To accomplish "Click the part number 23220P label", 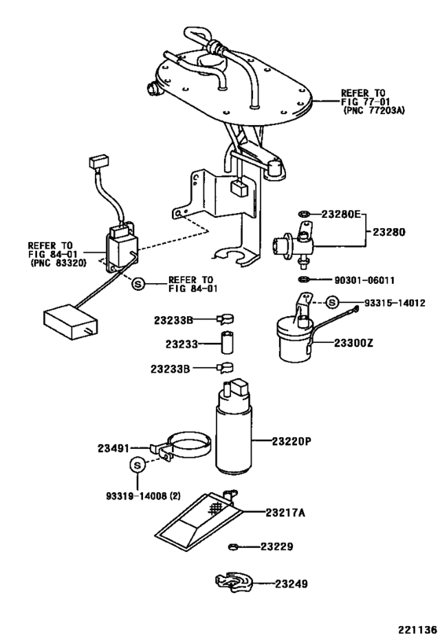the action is [291, 441].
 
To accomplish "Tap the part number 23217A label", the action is [285, 513].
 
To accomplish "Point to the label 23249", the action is [291, 583].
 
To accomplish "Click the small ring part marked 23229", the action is [233, 546].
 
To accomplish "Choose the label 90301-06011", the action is [365, 281].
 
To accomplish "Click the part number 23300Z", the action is [354, 343].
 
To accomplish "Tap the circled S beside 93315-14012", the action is [332, 303].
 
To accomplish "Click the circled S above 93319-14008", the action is [137, 466].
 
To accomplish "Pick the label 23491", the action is [113, 448].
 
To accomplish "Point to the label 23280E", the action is [341, 214].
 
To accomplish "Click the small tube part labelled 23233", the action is [227, 342].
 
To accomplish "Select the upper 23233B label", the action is [173, 320].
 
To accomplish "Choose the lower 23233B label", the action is [170, 369].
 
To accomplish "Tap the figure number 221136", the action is [417, 630].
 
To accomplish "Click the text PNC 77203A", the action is [373, 111].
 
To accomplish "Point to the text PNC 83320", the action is [58, 263].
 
